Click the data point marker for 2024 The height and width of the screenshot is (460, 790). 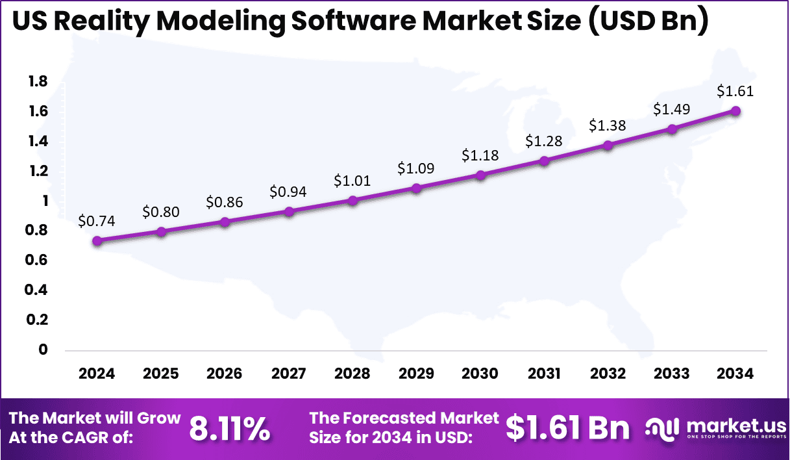(x=97, y=241)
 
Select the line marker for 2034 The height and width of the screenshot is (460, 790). (x=735, y=111)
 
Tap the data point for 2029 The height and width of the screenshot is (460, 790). (x=417, y=188)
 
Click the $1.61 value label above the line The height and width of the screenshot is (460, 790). (x=735, y=92)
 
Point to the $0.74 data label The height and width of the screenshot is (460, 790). (x=97, y=221)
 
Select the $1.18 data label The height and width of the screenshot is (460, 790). (x=480, y=155)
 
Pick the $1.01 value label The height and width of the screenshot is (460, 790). (x=352, y=181)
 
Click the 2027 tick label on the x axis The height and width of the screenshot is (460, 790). (x=289, y=374)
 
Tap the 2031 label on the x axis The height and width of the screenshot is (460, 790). (x=544, y=374)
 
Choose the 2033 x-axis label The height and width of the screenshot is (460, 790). (x=672, y=374)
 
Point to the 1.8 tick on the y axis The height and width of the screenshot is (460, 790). (x=38, y=81)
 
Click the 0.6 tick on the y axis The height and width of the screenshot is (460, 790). (x=38, y=261)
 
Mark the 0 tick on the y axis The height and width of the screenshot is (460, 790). (x=43, y=350)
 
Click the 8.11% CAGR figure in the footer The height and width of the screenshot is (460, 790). (x=230, y=429)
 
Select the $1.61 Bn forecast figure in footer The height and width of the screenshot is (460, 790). (x=568, y=428)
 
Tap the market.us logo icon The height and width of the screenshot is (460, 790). (x=662, y=428)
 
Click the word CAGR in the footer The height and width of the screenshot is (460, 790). (x=106, y=437)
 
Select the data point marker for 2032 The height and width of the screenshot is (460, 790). (x=608, y=146)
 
